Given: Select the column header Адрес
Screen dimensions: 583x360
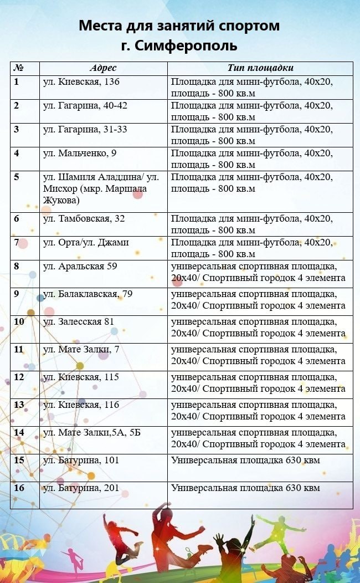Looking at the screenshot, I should (x=103, y=68).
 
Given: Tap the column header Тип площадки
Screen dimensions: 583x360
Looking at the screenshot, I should (x=260, y=68).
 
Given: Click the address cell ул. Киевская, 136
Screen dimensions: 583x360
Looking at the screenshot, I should (x=81, y=82).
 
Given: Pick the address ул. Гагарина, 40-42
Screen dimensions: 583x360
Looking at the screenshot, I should (x=85, y=106).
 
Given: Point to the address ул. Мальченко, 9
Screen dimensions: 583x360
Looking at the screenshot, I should (x=79, y=154).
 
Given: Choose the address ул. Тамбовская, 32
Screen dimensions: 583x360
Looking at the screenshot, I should (x=84, y=219).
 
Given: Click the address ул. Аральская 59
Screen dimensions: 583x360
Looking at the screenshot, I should (x=80, y=267).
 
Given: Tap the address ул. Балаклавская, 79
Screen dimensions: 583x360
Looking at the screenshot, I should (x=88, y=294).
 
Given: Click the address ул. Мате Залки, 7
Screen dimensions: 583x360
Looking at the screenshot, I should (x=81, y=349).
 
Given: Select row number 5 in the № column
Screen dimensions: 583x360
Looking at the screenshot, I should (x=17, y=177).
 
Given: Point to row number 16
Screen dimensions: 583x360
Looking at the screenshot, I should (x=19, y=488).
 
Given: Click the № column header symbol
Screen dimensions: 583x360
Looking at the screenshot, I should (x=18, y=68).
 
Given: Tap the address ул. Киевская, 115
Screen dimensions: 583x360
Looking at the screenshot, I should (x=81, y=377).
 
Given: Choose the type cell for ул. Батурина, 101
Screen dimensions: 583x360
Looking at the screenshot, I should (x=245, y=460).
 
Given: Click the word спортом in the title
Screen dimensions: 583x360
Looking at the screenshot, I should (x=248, y=25).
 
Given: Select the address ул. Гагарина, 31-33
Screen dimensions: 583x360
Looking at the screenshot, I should (x=85, y=130).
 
